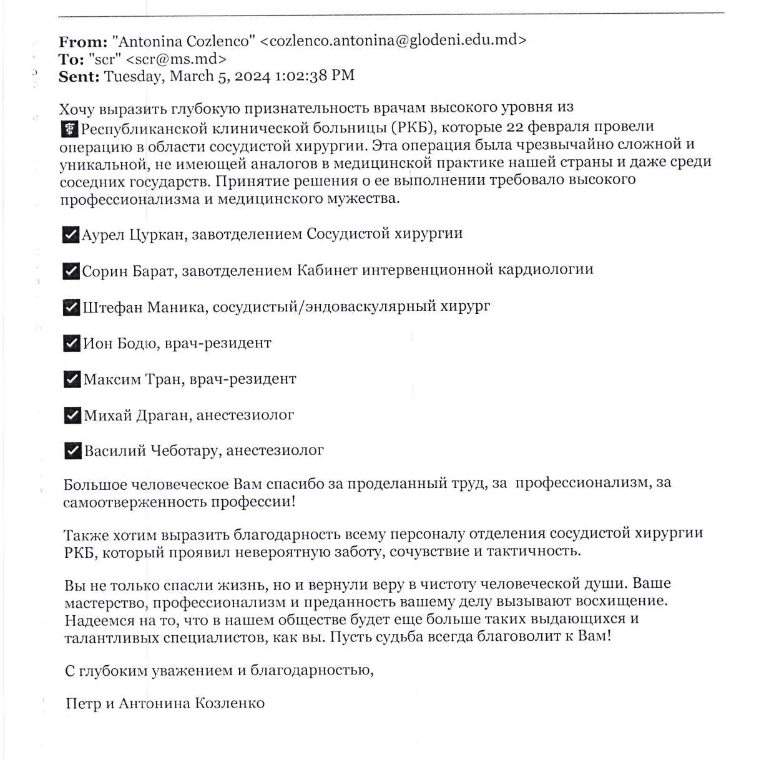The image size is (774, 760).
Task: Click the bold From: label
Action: (83, 42)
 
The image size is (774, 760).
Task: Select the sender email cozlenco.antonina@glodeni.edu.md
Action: (393, 41)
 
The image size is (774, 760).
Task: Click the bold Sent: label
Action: (79, 77)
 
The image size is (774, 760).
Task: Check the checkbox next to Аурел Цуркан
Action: (71, 235)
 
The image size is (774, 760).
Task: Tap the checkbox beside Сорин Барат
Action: (71, 271)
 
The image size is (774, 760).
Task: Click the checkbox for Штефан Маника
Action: (71, 308)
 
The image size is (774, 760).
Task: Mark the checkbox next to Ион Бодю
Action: (72, 344)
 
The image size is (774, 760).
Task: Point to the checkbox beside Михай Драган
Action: (72, 416)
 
